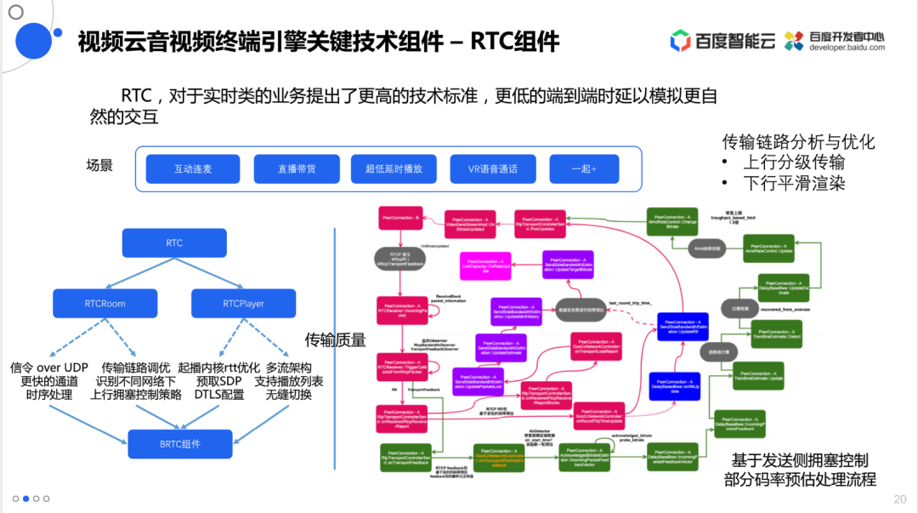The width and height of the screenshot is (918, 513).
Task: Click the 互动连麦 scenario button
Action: pos(192,168)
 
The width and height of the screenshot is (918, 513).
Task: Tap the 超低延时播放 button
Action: pos(394,168)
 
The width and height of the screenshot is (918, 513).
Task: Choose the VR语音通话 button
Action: pos(494,168)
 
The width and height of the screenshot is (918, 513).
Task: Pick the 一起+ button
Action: pos(583,168)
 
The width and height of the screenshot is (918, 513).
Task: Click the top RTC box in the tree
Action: pos(173,243)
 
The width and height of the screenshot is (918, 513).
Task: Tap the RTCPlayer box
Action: pos(243,303)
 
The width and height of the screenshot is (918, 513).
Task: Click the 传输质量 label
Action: pos(335,340)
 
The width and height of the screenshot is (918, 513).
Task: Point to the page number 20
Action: pos(900,499)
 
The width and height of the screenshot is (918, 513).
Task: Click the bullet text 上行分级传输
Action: pos(794,162)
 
